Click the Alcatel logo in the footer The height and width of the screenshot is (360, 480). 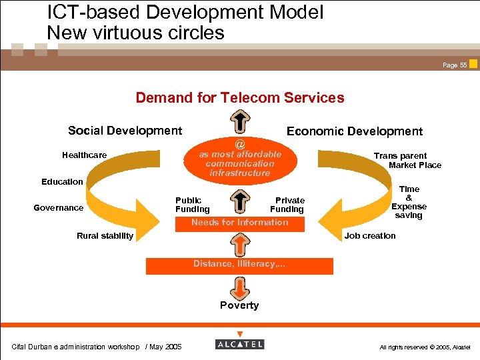click(x=240, y=344)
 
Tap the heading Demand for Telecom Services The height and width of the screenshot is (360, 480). click(x=240, y=98)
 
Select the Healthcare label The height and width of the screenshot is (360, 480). click(x=84, y=155)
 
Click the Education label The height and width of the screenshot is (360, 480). click(x=62, y=181)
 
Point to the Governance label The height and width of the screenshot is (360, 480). click(x=59, y=207)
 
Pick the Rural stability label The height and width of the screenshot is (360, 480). click(x=105, y=235)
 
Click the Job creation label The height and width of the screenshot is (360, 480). click(x=370, y=235)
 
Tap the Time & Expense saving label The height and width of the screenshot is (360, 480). click(x=409, y=202)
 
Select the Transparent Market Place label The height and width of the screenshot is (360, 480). click(x=407, y=160)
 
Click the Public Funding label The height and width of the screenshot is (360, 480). click(x=192, y=205)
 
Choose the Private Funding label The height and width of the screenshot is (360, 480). click(x=288, y=205)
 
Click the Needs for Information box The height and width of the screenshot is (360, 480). click(x=240, y=223)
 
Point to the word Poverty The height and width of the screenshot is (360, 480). click(x=239, y=305)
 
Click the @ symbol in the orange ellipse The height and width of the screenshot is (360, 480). click(x=240, y=144)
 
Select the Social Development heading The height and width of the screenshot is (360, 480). click(x=125, y=131)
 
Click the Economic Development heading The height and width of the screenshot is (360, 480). click(x=354, y=131)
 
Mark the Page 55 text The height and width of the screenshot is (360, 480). click(x=455, y=65)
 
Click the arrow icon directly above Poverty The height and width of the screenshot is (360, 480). click(x=239, y=287)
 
